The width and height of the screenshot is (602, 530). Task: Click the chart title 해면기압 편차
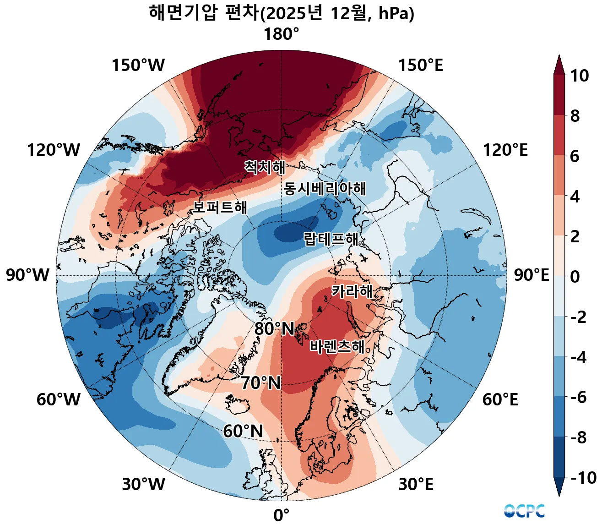click(281, 13)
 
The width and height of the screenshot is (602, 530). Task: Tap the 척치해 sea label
click(265, 167)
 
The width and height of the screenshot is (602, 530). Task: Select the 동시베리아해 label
click(325, 188)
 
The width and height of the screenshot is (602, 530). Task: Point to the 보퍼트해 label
click(220, 207)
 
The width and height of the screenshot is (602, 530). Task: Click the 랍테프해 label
click(331, 239)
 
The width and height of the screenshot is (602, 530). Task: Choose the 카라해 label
click(352, 291)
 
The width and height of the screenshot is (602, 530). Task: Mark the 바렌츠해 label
click(337, 347)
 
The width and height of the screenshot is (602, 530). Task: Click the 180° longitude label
click(281, 34)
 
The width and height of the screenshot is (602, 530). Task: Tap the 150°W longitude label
click(138, 66)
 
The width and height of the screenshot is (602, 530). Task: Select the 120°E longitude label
click(505, 150)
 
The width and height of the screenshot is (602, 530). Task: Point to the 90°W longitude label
click(27, 275)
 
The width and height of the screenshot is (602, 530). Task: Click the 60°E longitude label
click(500, 399)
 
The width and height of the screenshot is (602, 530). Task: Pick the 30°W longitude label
click(143, 484)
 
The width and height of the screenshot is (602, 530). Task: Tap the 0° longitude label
click(281, 516)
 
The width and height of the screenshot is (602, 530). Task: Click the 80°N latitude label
click(274, 329)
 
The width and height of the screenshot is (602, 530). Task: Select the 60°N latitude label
click(243, 431)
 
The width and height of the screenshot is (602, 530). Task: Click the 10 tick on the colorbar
click(579, 76)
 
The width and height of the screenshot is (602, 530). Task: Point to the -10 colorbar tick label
click(584, 478)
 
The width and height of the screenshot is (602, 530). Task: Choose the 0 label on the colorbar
click(575, 277)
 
